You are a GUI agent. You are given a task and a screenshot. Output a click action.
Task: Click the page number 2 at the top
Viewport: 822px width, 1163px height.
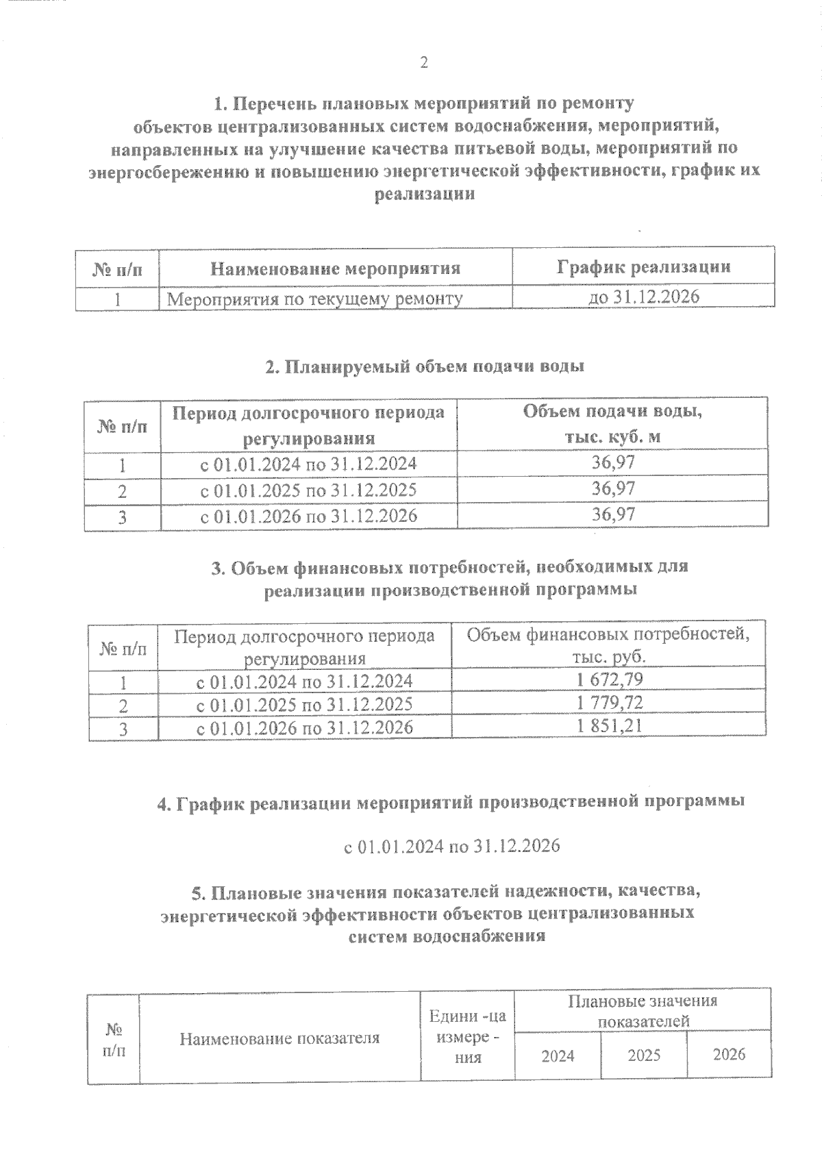click(423, 63)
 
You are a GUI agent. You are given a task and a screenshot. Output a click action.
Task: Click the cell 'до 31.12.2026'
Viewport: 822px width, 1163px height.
click(643, 297)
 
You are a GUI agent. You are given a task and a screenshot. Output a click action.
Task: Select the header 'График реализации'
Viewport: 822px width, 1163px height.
click(643, 266)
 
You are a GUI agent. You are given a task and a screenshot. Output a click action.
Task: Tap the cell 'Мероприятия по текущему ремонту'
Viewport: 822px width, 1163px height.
click(315, 299)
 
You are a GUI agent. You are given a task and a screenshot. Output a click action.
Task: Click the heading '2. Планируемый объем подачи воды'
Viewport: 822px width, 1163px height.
click(425, 366)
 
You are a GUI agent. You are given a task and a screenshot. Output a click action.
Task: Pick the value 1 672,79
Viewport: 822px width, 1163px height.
click(610, 679)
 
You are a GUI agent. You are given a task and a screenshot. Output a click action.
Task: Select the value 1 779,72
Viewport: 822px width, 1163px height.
click(610, 703)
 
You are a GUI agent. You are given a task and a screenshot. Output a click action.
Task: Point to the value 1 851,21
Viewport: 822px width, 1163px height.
click(610, 726)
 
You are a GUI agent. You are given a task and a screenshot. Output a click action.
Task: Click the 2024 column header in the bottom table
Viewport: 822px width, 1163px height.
click(558, 1055)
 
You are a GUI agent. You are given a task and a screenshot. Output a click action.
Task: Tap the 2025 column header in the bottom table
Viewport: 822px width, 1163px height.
click(644, 1055)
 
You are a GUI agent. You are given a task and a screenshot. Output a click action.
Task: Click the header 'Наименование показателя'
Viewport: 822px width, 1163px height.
click(279, 1038)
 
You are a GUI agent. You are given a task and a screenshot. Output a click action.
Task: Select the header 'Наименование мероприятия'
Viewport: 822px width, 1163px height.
click(335, 268)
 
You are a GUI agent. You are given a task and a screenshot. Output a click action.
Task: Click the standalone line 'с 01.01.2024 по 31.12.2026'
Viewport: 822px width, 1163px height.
click(451, 847)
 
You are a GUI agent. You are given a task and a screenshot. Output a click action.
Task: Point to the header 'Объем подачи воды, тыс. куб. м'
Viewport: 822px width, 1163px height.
click(612, 424)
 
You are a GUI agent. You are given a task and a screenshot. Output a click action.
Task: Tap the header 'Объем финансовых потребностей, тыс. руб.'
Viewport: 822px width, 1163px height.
click(608, 645)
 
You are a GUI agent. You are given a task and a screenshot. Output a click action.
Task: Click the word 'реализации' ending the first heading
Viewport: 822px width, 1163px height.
click(425, 194)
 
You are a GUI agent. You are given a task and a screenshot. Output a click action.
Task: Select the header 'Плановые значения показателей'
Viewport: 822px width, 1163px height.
click(643, 1011)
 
